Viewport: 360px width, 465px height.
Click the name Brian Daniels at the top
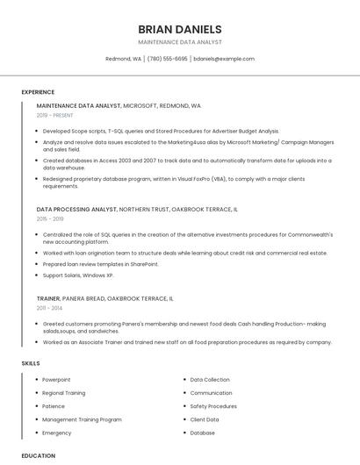(180, 29)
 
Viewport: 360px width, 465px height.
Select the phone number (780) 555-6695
(167, 59)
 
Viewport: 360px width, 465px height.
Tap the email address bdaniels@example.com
(224, 59)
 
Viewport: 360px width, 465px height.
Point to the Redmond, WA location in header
(123, 59)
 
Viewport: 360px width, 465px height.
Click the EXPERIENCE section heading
(38, 92)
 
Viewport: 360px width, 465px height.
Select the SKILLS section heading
(31, 362)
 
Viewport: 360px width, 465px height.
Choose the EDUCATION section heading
(38, 455)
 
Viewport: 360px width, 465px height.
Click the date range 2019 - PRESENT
(54, 115)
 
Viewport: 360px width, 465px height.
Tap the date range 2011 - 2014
(48, 308)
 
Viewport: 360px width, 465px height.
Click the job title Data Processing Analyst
(76, 211)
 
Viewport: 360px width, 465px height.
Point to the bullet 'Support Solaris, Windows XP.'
(78, 275)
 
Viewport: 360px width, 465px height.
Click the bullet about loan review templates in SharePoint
(100, 264)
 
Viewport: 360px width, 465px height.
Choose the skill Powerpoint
(56, 380)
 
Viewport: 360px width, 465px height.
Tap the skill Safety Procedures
(213, 406)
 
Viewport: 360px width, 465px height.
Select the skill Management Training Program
(82, 419)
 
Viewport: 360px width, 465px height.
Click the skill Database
(202, 433)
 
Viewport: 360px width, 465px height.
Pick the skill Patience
(54, 406)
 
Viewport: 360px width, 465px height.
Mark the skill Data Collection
(210, 380)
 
